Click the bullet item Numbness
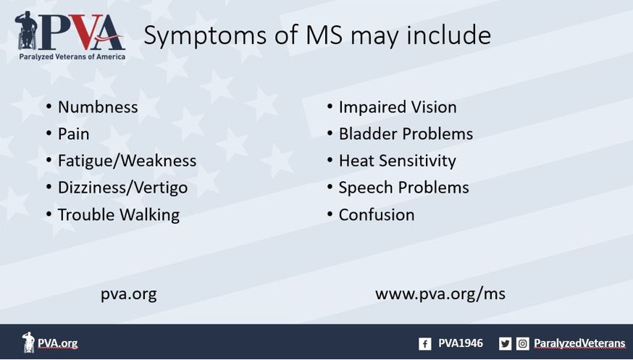[x=98, y=107]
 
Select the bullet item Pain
[x=73, y=134]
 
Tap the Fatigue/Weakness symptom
[x=127, y=161]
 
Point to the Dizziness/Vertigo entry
[x=122, y=188]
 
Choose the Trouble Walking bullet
[x=119, y=214]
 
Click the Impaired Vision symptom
[x=398, y=107]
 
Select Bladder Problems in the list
[x=406, y=134]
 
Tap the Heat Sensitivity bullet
[x=397, y=161]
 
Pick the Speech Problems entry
[x=403, y=188]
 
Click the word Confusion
[x=376, y=214]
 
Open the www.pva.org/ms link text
[x=440, y=294]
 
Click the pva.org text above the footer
[x=129, y=295]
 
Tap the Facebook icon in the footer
[x=424, y=344]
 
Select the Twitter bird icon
[x=505, y=344]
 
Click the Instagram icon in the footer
[x=522, y=344]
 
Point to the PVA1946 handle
[x=461, y=343]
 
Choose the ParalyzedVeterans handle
[x=579, y=344]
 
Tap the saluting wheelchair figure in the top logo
[x=27, y=30]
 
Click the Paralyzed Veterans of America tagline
[x=72, y=57]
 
